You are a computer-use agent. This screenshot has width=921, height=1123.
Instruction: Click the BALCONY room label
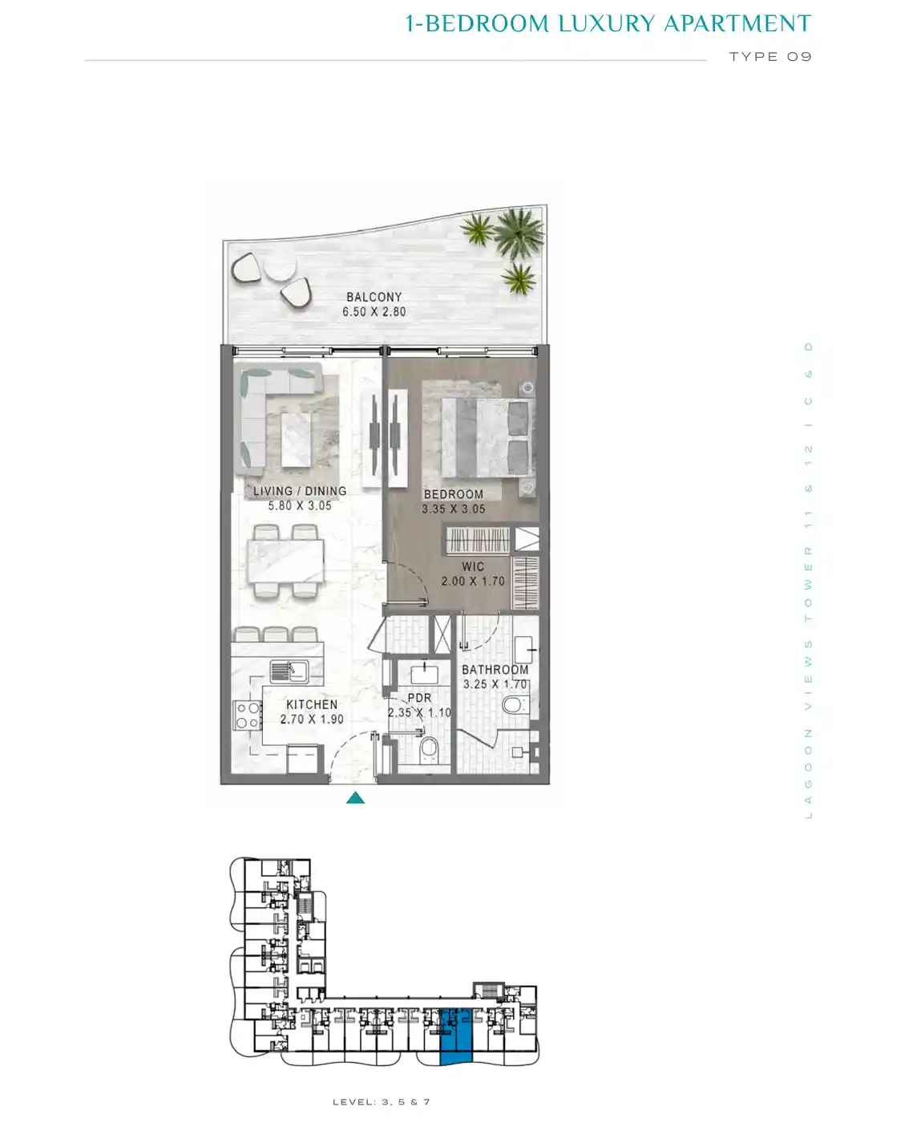[x=374, y=297]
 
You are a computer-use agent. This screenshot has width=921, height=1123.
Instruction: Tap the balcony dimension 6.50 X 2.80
[x=374, y=312]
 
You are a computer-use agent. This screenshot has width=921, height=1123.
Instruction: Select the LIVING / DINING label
[x=300, y=491]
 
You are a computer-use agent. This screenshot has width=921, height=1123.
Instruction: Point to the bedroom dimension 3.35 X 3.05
[x=454, y=509]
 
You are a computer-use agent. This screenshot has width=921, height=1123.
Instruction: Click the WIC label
[x=473, y=566]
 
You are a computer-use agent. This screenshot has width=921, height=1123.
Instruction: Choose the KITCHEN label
[x=312, y=704]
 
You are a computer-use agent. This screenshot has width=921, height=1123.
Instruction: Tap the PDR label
[x=420, y=698]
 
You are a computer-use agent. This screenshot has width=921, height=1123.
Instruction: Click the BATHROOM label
[x=495, y=670]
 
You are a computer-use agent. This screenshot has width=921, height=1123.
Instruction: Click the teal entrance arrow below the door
[x=355, y=797]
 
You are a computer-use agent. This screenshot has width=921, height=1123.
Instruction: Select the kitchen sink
[x=289, y=671]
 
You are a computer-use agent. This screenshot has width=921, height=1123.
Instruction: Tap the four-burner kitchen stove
[x=248, y=716]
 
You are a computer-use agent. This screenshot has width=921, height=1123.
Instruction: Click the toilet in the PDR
[x=428, y=748]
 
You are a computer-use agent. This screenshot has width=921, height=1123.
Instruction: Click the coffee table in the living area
[x=296, y=440]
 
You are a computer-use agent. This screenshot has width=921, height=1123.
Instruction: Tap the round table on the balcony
[x=281, y=269]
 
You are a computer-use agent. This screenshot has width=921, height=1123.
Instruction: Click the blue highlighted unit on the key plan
[x=456, y=1036]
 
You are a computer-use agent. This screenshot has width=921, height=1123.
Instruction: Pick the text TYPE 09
[x=770, y=56]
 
